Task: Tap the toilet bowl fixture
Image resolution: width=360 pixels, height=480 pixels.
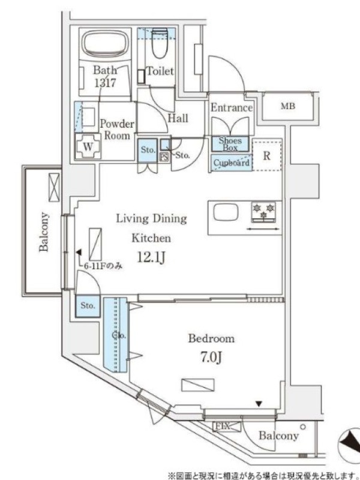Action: (x=160, y=43)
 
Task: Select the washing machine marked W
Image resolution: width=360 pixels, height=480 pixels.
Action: (x=88, y=146)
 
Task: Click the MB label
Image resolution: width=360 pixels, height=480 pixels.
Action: (x=288, y=106)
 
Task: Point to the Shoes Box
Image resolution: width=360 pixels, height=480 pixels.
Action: (x=230, y=144)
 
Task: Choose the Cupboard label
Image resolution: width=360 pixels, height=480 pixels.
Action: (x=232, y=163)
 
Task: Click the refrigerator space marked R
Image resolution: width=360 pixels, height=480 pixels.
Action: (x=267, y=155)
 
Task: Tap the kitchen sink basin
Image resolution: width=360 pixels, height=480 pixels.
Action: (x=226, y=212)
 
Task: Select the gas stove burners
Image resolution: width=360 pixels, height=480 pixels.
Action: (x=263, y=212)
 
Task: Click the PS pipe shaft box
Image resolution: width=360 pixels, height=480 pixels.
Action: (x=164, y=157)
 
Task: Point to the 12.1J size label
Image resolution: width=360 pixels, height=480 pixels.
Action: (x=151, y=258)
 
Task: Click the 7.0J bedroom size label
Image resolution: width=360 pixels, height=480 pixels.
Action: (x=211, y=356)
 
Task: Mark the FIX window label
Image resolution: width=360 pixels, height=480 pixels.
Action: (x=223, y=426)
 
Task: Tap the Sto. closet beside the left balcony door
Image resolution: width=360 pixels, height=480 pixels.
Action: (x=88, y=306)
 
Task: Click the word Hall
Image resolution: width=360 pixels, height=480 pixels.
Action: (x=178, y=118)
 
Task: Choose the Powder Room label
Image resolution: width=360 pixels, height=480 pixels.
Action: (x=118, y=130)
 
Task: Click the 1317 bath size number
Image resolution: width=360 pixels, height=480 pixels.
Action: (x=105, y=83)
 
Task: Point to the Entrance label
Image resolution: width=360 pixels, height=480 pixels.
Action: (x=232, y=108)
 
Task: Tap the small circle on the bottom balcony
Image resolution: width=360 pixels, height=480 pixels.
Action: (x=303, y=427)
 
